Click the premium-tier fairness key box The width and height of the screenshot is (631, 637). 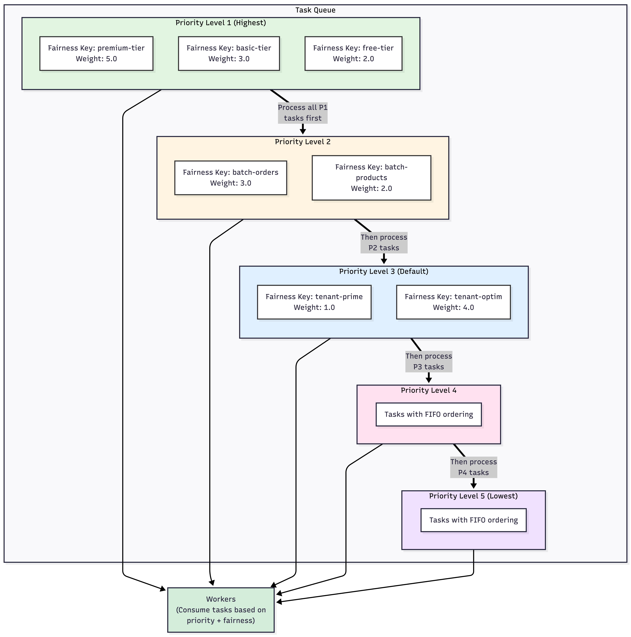(96, 53)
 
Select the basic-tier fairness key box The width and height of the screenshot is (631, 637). (229, 53)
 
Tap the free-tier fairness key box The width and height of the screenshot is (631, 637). (353, 53)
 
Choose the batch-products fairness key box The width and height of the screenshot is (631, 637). (371, 178)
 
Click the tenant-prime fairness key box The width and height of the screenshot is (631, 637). (314, 302)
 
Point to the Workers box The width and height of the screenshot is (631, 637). (221, 610)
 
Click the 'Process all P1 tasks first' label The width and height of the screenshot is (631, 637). (303, 113)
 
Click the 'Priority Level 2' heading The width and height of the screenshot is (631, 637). (303, 142)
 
